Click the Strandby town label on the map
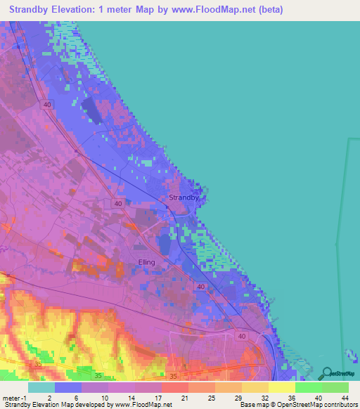pyautogui.click(x=184, y=197)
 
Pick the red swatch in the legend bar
pyautogui.click(x=175, y=387)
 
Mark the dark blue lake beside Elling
pyautogui.click(x=165, y=244)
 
